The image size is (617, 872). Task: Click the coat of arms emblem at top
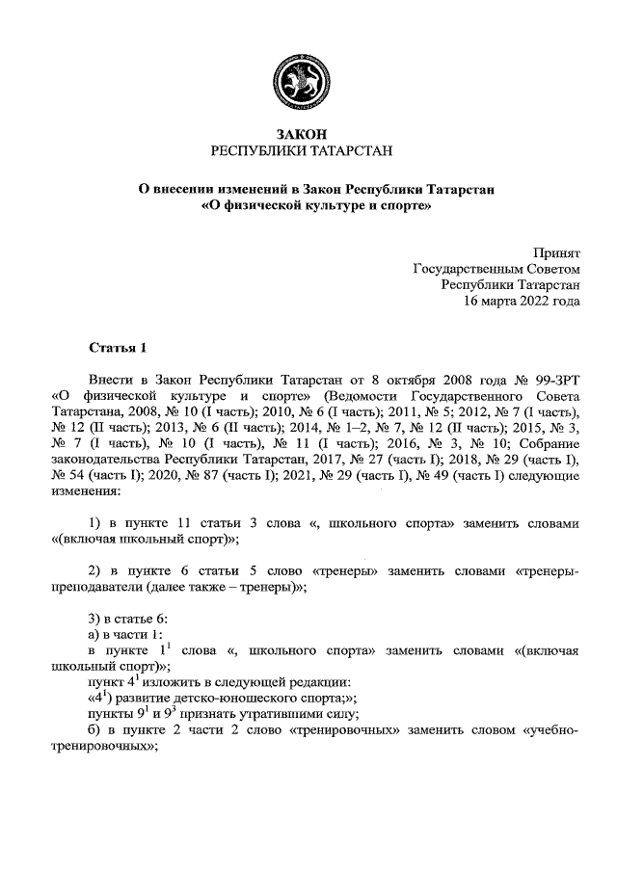pyautogui.click(x=308, y=83)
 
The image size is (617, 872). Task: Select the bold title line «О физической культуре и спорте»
pyautogui.click(x=308, y=205)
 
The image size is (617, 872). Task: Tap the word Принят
pyautogui.click(x=557, y=252)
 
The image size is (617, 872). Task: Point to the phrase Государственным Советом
pyautogui.click(x=497, y=269)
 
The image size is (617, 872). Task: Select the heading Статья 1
pyautogui.click(x=116, y=347)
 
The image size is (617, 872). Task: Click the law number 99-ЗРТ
pyautogui.click(x=551, y=380)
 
